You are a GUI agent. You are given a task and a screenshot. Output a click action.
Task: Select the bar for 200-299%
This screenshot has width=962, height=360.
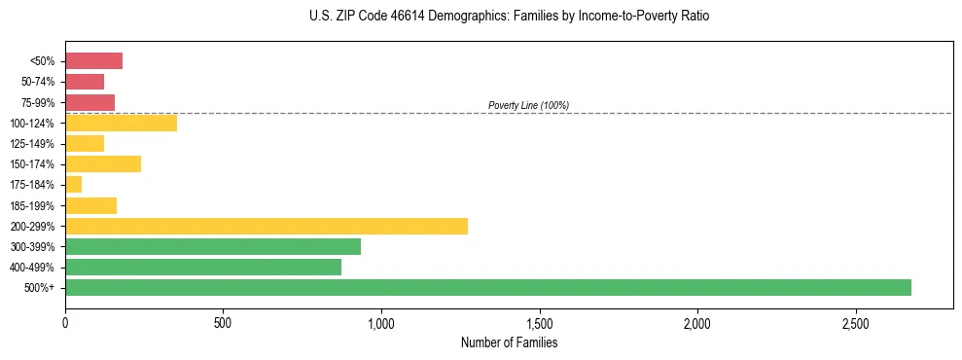267,226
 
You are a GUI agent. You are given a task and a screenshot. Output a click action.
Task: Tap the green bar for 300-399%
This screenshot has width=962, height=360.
213,246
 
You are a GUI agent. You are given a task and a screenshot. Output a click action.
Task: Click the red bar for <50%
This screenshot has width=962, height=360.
93,61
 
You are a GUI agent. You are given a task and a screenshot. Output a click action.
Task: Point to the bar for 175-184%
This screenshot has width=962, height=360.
74,185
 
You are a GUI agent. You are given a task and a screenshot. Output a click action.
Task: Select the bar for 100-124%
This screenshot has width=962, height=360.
121,123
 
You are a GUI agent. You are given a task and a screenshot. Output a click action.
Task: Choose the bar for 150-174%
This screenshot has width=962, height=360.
103,164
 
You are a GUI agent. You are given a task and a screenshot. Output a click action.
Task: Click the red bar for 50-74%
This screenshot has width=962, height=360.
85,82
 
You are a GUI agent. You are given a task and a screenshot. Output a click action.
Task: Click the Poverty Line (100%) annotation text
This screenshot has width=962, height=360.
528,105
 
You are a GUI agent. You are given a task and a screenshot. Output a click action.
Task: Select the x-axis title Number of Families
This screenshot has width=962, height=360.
509,342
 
